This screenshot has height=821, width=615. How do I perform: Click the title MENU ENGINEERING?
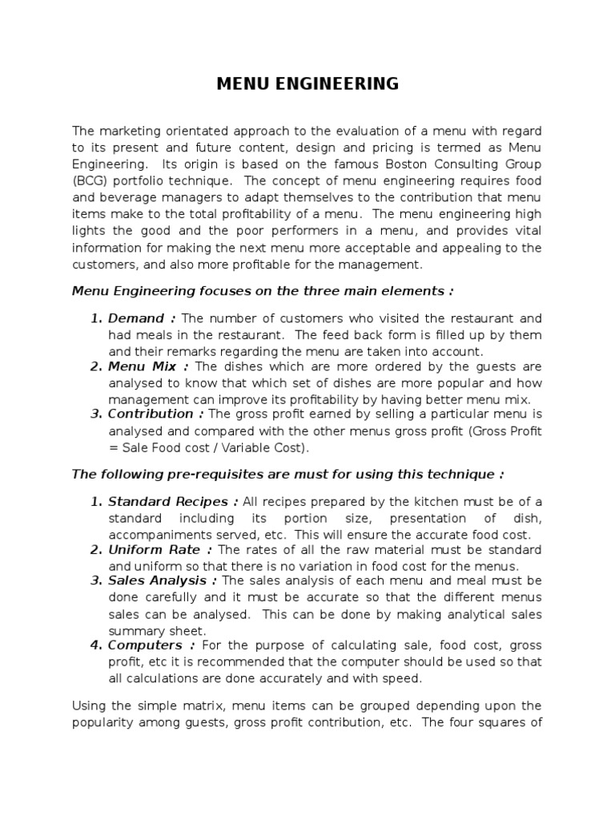(307, 83)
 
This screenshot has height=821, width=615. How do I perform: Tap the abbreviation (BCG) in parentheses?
(91, 181)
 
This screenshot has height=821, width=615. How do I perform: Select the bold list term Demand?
(136, 318)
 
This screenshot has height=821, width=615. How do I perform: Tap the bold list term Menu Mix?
(142, 366)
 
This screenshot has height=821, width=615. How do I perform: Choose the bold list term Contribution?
(151, 414)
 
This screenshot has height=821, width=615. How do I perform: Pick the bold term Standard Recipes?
(172, 502)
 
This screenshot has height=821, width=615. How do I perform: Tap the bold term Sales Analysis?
(163, 580)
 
